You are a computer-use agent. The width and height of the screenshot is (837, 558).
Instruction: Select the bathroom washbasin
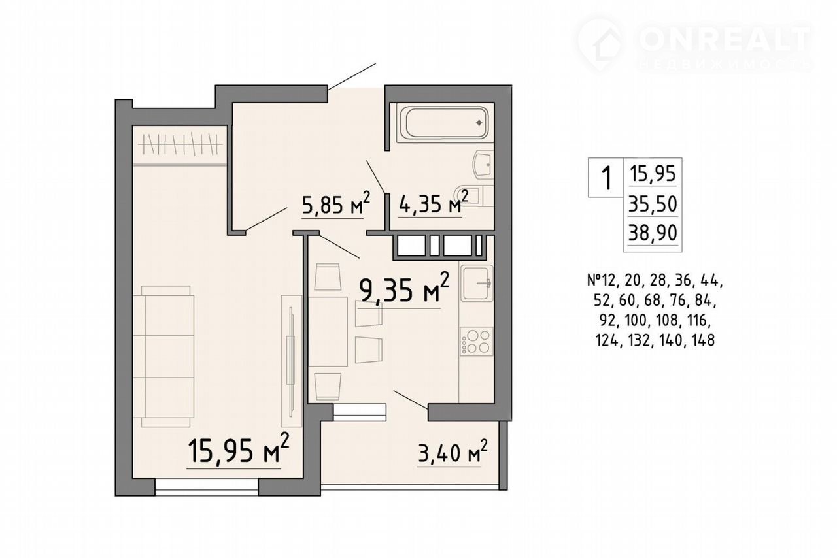click(x=484, y=165)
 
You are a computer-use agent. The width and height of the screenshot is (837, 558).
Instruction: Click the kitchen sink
click(x=477, y=283)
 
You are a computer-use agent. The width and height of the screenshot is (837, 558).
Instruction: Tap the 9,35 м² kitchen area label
click(x=403, y=289)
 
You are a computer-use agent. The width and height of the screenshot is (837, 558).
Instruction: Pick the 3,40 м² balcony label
click(x=453, y=453)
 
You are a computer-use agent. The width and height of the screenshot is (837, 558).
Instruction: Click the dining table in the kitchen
click(x=328, y=332)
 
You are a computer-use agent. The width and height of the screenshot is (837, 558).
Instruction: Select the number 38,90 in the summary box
click(x=653, y=234)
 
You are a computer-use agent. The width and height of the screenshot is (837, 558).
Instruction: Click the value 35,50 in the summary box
click(x=653, y=205)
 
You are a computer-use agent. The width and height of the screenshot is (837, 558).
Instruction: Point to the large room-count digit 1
click(x=606, y=178)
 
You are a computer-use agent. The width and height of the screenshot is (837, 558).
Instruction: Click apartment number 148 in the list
click(x=703, y=340)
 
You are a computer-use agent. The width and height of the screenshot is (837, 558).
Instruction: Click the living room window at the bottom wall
click(x=207, y=487)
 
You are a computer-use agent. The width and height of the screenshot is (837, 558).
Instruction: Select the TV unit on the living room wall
click(x=292, y=361)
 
